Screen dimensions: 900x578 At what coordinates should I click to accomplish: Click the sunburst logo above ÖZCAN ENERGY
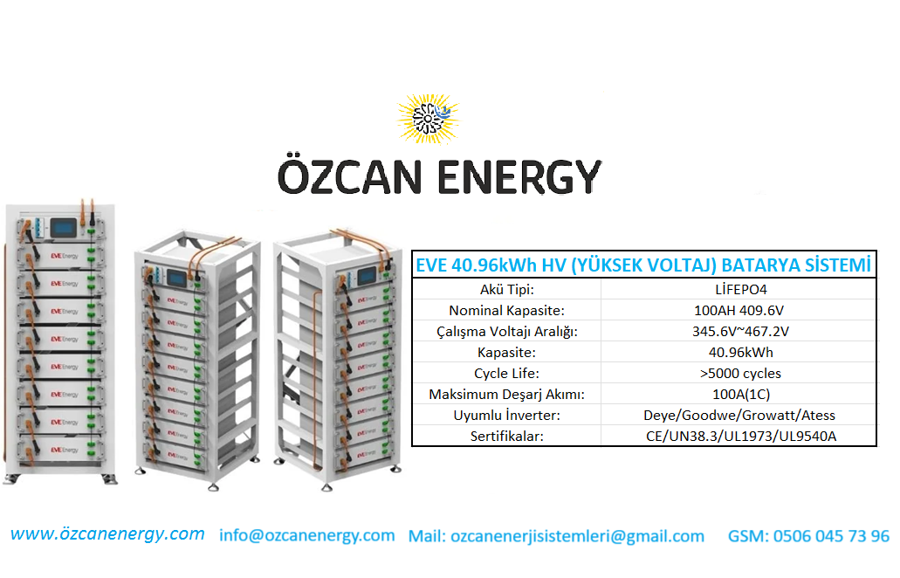[429, 119]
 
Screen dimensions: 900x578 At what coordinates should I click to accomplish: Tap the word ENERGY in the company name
[519, 177]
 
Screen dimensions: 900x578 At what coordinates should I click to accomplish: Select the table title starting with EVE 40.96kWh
[643, 265]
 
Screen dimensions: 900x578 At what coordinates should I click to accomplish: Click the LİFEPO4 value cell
[741, 289]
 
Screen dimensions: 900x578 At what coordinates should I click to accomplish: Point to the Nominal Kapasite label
[507, 311]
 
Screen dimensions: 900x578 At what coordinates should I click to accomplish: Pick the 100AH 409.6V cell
[739, 311]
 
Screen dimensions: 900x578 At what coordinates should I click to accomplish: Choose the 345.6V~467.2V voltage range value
[740, 331]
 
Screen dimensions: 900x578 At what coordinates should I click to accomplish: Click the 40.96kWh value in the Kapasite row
[741, 353]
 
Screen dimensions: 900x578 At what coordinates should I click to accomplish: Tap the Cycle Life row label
[507, 373]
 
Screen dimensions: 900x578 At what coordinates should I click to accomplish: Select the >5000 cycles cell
[740, 373]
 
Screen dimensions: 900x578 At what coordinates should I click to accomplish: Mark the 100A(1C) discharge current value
[741, 395]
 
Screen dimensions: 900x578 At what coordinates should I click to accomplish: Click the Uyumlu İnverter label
[507, 415]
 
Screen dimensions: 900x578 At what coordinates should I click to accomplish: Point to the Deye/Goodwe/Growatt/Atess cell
[739, 415]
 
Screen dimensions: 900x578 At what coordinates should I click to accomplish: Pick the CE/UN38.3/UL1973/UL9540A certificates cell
[741, 437]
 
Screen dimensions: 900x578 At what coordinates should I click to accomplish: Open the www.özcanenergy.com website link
[107, 533]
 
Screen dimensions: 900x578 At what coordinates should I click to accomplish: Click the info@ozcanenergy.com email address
[307, 535]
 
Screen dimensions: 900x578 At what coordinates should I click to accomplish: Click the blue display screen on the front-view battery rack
[63, 228]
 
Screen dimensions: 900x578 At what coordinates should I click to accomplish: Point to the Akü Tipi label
[507, 289]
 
